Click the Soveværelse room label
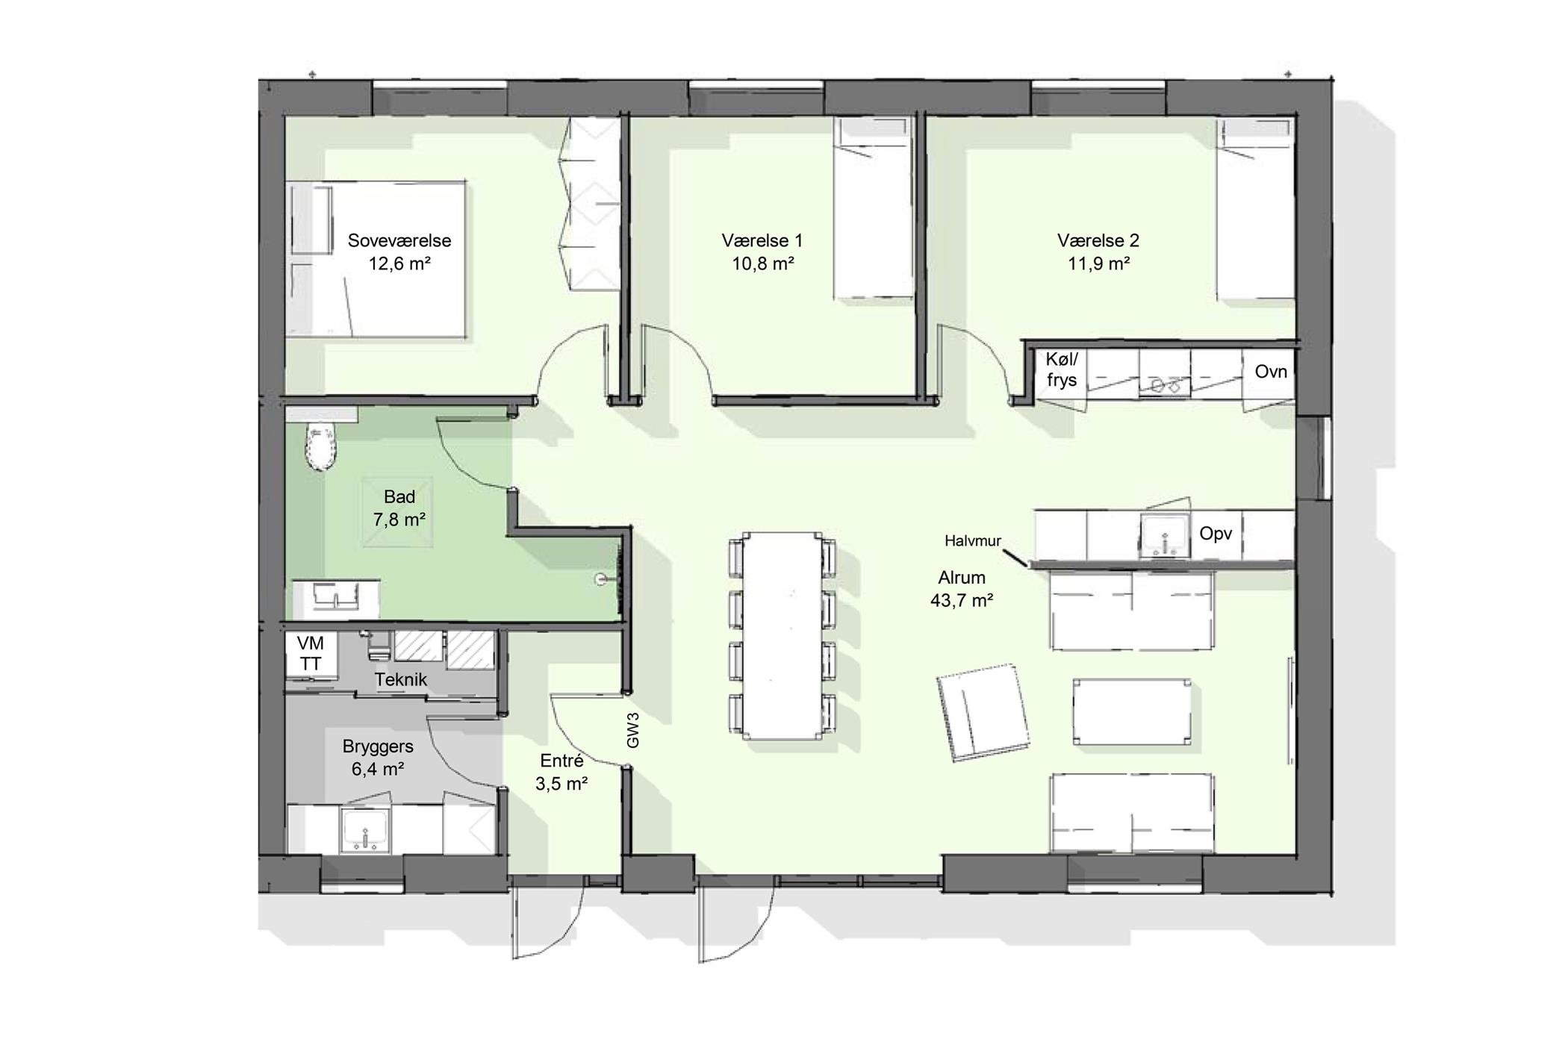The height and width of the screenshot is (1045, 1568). tap(399, 240)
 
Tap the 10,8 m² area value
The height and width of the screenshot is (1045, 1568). tap(762, 263)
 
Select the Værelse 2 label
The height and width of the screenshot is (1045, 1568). tap(1098, 240)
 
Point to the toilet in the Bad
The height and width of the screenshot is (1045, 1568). tap(322, 446)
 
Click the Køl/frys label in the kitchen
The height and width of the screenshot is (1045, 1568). tap(1062, 369)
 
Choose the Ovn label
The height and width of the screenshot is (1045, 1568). tap(1271, 371)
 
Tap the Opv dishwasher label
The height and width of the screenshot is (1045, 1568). tap(1216, 534)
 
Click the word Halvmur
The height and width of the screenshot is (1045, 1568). tap(973, 541)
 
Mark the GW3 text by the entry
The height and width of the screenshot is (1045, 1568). tap(633, 730)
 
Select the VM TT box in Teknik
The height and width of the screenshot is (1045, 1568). tap(311, 654)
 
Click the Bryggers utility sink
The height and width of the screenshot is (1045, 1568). tap(365, 829)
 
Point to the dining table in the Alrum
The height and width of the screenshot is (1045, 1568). tap(782, 635)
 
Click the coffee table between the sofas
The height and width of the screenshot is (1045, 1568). tap(1132, 711)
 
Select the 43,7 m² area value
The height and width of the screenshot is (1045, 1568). tap(962, 600)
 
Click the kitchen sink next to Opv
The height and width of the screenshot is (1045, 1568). tap(1165, 534)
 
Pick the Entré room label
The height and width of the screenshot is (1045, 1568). tap(561, 761)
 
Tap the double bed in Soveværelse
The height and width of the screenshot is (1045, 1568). tap(377, 259)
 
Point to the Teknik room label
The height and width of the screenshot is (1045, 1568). tap(401, 679)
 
